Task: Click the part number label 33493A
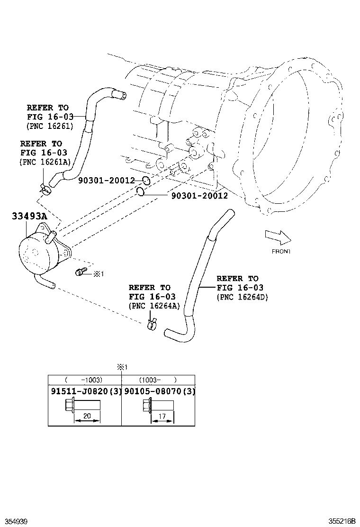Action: pyautogui.click(x=29, y=217)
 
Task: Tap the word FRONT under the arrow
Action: pyautogui.click(x=281, y=251)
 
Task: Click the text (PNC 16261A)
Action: pyautogui.click(x=45, y=162)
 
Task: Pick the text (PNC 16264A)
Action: pyautogui.click(x=154, y=306)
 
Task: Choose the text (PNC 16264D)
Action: pyautogui.click(x=243, y=297)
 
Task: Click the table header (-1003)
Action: pyautogui.click(x=84, y=380)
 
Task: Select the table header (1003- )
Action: pyautogui.click(x=158, y=380)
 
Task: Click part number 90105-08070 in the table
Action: pyautogui.click(x=153, y=391)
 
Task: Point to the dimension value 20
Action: pyautogui.click(x=87, y=416)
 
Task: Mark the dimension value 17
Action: pyautogui.click(x=162, y=416)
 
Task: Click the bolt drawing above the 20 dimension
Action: pyautogui.click(x=81, y=406)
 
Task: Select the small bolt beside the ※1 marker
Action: pyautogui.click(x=80, y=272)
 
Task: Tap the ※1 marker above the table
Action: pyautogui.click(x=122, y=367)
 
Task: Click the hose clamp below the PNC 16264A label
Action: pyautogui.click(x=151, y=324)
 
